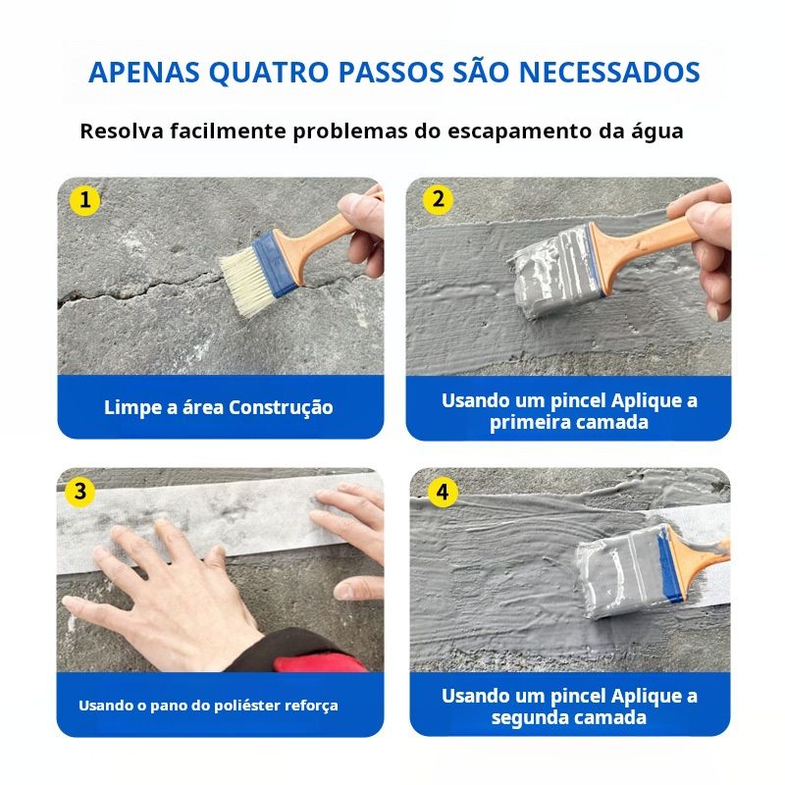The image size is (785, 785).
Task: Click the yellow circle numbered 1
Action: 84,201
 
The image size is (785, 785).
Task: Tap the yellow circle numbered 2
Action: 438,200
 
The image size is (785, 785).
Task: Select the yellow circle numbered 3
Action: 80,492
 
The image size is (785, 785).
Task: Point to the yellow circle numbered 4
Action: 443,493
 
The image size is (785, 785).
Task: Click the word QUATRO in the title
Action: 268,73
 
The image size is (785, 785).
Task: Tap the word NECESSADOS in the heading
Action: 609,72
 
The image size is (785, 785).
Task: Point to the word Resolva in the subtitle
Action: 122,131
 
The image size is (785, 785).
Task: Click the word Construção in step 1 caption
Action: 281,408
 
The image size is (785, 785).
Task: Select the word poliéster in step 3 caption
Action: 247,706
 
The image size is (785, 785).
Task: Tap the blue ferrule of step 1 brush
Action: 275,262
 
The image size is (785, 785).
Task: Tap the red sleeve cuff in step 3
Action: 321,662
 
